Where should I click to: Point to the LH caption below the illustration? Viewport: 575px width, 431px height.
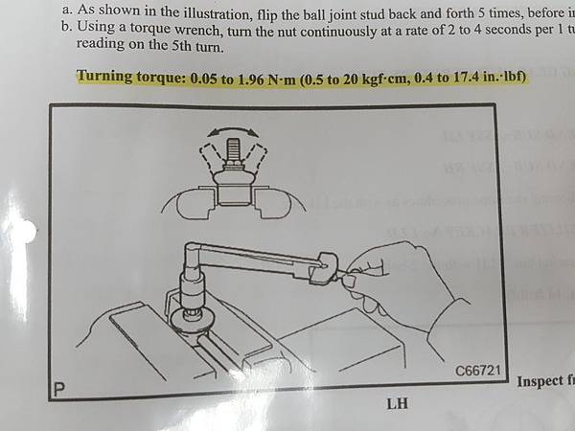398,402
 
